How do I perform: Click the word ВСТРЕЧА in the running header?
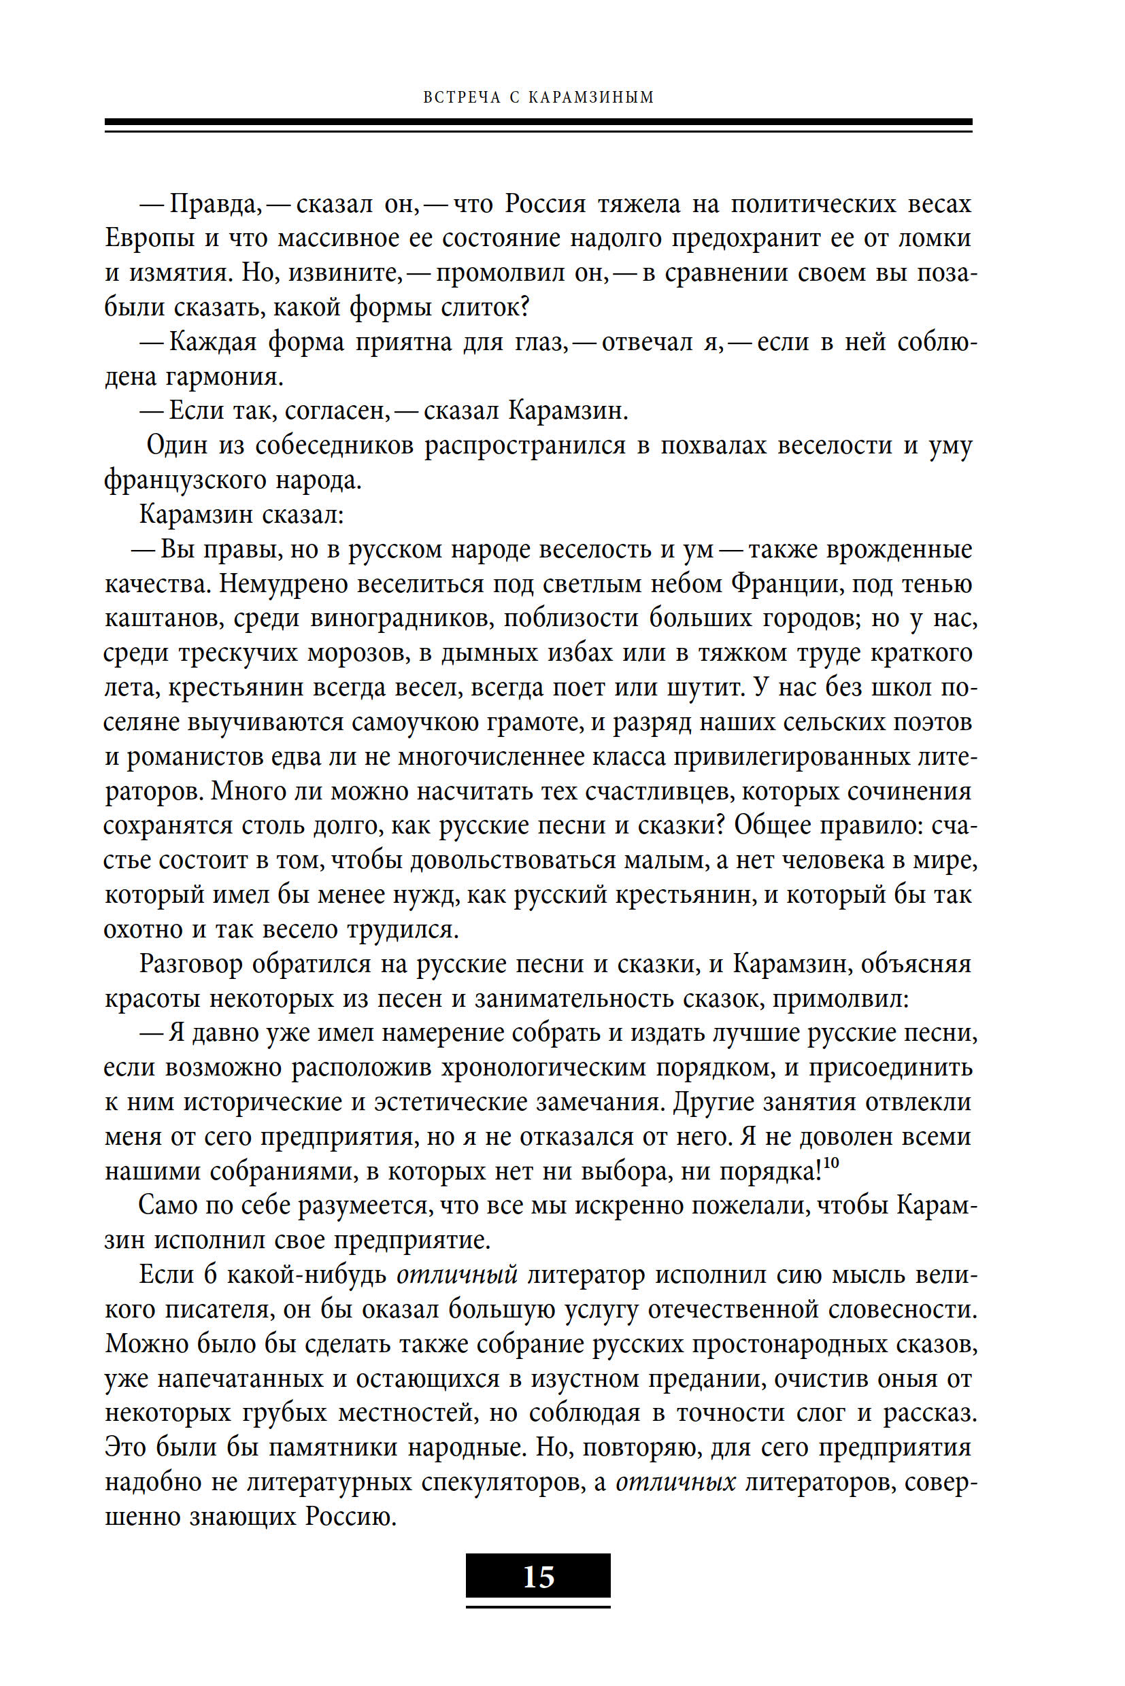(x=461, y=97)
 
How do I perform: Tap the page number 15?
(x=538, y=1577)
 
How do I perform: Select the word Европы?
(x=149, y=239)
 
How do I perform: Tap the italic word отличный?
(x=457, y=1275)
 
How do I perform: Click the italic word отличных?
(x=676, y=1482)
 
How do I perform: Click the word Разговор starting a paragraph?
(x=190, y=965)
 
